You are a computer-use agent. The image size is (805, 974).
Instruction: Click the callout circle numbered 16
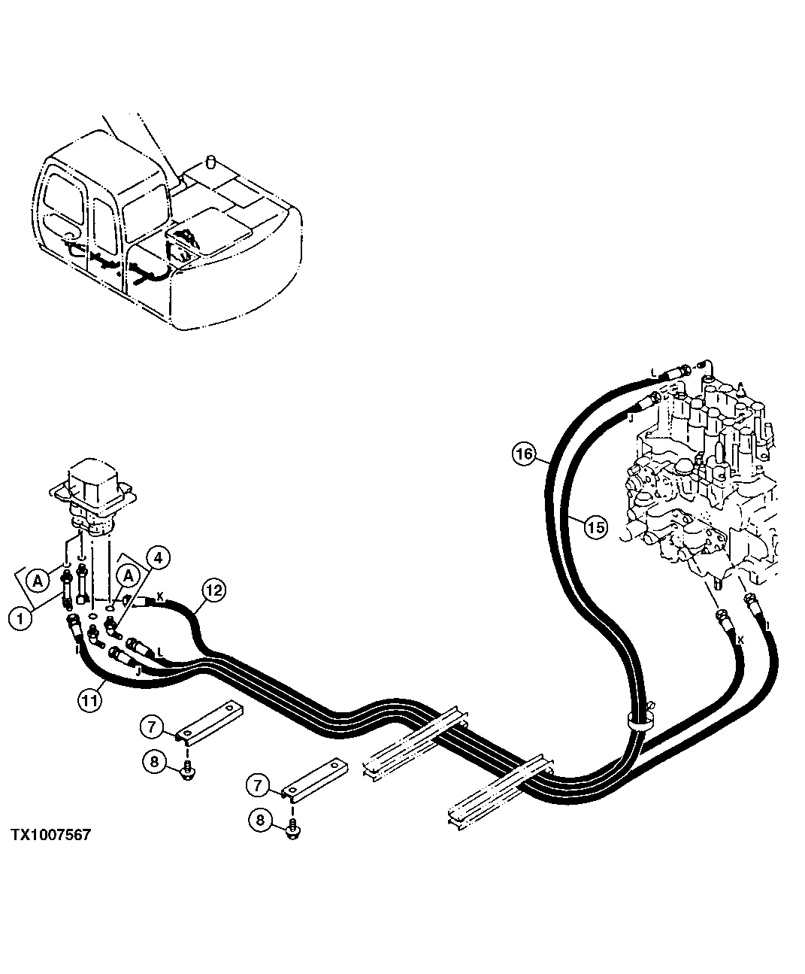click(524, 454)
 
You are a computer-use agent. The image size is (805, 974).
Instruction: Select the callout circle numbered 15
click(595, 528)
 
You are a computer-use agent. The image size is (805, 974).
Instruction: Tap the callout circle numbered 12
click(213, 591)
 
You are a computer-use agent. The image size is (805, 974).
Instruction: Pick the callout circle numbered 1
click(20, 618)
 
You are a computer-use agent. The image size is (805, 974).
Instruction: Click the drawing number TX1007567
click(50, 836)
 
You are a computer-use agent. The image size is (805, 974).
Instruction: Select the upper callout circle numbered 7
click(151, 727)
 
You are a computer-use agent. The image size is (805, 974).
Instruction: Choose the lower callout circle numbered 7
click(258, 786)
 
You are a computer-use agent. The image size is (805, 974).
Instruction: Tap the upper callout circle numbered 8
click(154, 761)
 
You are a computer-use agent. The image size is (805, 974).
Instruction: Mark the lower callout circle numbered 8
click(260, 819)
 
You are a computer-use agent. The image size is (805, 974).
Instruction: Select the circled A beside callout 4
click(129, 575)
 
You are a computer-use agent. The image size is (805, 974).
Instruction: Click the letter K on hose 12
click(159, 596)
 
